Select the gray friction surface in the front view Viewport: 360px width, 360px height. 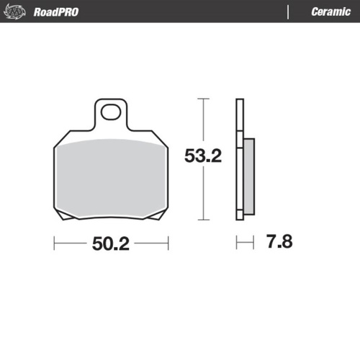point(113,176)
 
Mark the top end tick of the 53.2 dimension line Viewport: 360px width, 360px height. point(204,99)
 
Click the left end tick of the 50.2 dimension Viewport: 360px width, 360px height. point(55,244)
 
